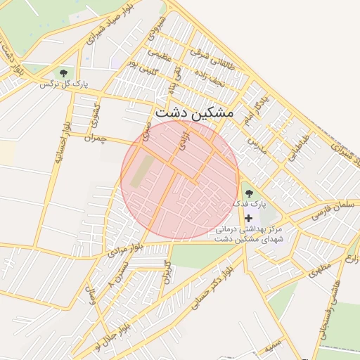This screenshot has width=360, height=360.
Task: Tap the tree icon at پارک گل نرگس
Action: point(65,73)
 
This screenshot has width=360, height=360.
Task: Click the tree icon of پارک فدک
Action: point(247,193)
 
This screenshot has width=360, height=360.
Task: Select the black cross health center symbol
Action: point(248,219)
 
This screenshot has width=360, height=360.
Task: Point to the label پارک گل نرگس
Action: point(56,84)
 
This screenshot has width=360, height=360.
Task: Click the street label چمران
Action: point(94,139)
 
